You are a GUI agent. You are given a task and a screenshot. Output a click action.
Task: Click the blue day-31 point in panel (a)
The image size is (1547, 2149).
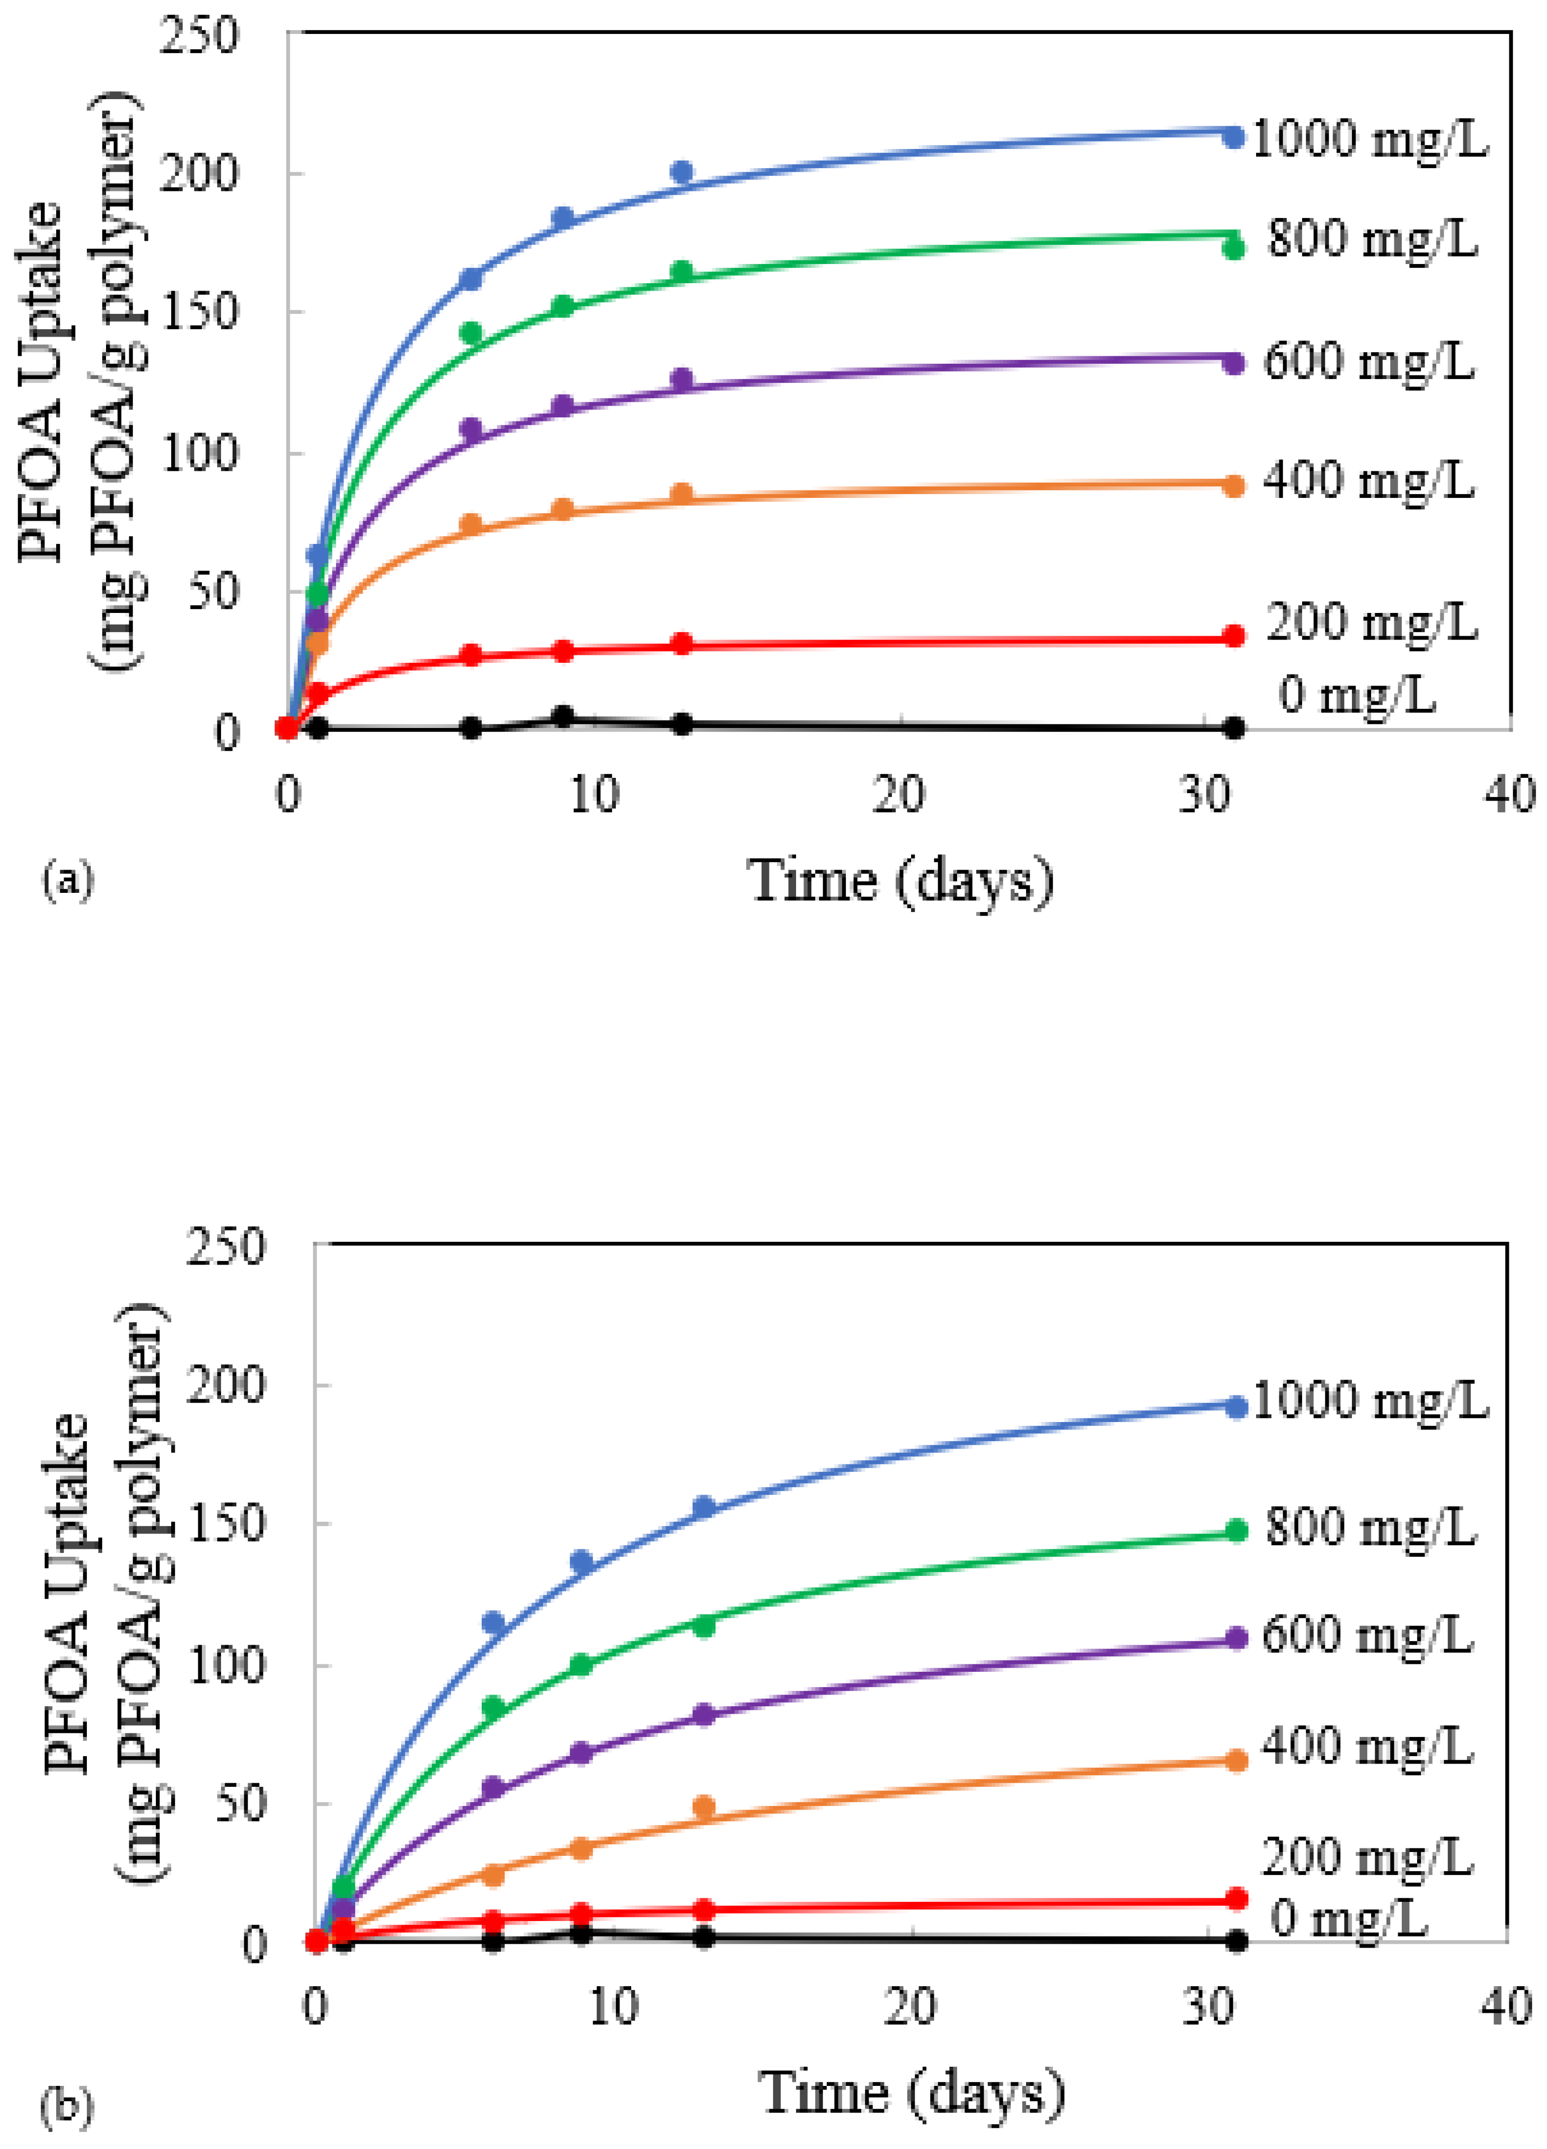pos(1233,137)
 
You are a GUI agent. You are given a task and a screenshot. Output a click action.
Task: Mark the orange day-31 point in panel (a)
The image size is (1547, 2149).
pos(1233,486)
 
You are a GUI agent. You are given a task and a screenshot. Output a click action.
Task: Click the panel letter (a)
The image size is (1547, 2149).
pos(68,879)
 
